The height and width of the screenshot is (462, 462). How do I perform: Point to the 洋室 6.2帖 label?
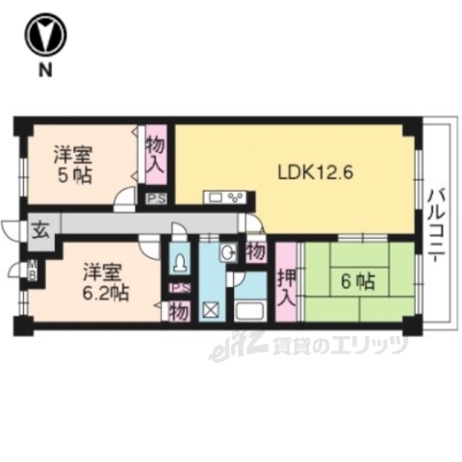click(100, 280)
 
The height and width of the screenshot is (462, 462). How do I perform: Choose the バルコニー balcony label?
click(437, 224)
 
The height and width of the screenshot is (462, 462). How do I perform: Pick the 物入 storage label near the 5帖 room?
click(155, 155)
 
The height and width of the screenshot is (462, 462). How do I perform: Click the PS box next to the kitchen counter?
click(155, 199)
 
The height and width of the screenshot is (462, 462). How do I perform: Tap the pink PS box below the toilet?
click(177, 288)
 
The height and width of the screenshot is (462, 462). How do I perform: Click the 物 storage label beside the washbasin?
click(255, 252)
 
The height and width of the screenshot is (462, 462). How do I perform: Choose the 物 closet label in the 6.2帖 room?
click(177, 311)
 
